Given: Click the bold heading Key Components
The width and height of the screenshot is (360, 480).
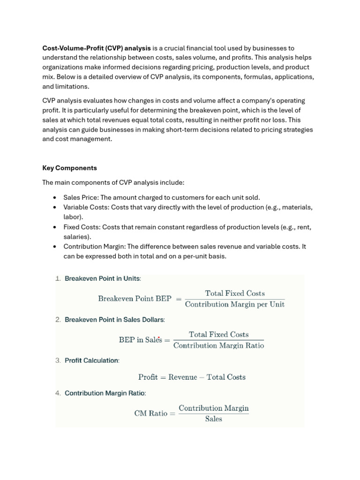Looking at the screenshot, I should click(x=69, y=168).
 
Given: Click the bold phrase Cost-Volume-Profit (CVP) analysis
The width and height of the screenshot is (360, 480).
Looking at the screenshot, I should click(x=97, y=48).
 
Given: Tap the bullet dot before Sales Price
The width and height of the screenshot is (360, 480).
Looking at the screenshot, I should click(x=55, y=197).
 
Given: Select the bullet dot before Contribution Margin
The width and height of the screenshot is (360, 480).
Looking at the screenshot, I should click(x=55, y=247).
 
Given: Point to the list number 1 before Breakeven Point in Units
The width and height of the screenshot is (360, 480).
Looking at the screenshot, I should click(x=58, y=278).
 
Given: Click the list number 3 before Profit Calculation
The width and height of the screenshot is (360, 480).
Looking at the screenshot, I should click(x=58, y=360).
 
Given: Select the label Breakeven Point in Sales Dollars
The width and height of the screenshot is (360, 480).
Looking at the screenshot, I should click(x=114, y=320).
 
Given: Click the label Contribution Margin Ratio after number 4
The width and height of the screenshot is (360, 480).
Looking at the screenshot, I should click(x=105, y=393).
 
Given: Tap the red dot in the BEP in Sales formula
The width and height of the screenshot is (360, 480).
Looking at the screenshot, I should click(x=159, y=337).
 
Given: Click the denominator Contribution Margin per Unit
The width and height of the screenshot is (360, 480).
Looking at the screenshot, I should click(x=234, y=304).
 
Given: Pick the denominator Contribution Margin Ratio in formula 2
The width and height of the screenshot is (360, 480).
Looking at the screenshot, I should click(x=218, y=346).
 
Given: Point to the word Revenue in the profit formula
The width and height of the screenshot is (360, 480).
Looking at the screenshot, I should click(x=183, y=377).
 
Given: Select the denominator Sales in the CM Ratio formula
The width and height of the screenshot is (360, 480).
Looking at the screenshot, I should click(x=214, y=419).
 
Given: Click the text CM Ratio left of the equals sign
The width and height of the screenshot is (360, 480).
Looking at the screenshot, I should click(x=150, y=413).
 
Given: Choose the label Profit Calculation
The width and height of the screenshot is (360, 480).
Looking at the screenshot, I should click(x=91, y=360).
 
